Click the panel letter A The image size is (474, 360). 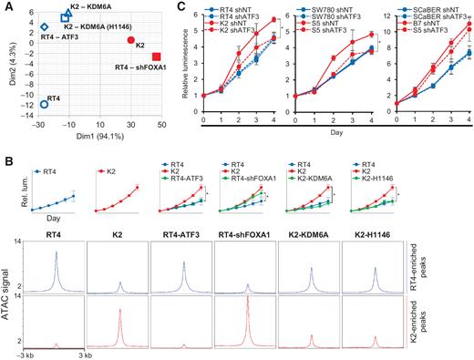point(6,6)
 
